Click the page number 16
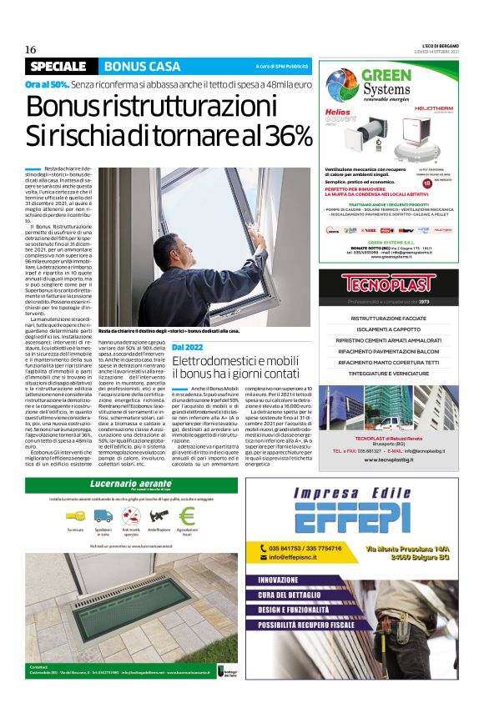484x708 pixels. click(x=30, y=49)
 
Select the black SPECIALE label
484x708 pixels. click(x=58, y=66)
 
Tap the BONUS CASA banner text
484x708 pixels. click(x=142, y=66)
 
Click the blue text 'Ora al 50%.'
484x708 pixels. click(x=47, y=85)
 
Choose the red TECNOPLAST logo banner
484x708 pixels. click(x=389, y=284)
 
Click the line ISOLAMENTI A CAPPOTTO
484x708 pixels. click(x=389, y=329)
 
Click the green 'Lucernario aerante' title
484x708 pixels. click(x=120, y=485)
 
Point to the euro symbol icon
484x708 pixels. click(x=187, y=515)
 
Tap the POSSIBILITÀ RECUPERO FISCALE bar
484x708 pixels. click(x=313, y=623)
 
